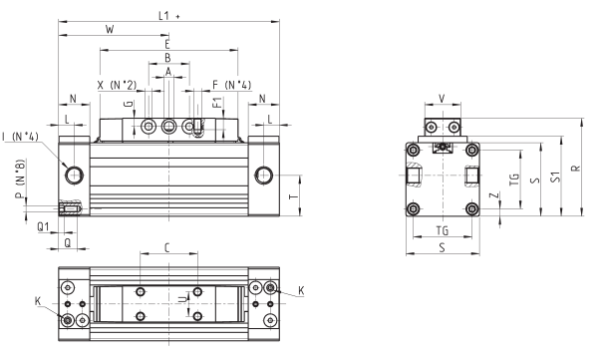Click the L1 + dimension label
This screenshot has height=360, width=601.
click(x=169, y=16)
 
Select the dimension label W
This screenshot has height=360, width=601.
click(x=110, y=30)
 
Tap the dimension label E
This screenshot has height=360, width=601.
click(x=166, y=44)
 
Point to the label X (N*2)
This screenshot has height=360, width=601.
click(x=117, y=85)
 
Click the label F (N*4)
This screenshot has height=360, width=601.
click(x=232, y=85)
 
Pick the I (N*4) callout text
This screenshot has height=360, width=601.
click(x=20, y=137)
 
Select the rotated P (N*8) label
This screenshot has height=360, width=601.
click(x=20, y=179)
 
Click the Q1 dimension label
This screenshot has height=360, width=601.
click(x=43, y=227)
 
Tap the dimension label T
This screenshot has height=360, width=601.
click(x=294, y=196)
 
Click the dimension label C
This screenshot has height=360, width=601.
click(x=166, y=248)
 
